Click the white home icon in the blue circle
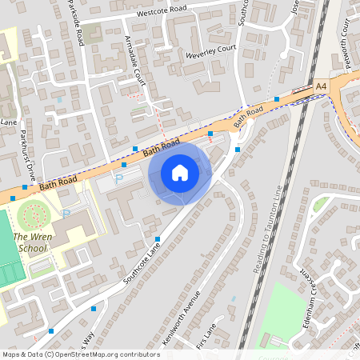coord(180,173)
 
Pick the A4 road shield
coord(321,85)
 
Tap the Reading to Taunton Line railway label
coord(266,232)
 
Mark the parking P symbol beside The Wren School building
coord(67,214)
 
